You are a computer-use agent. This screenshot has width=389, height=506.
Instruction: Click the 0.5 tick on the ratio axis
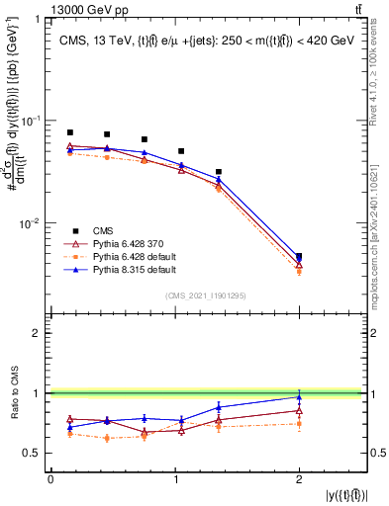click(x=37, y=454)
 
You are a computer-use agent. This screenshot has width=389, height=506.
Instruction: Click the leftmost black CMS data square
click(x=69, y=132)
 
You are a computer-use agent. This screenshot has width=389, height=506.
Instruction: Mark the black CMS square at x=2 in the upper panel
click(x=299, y=257)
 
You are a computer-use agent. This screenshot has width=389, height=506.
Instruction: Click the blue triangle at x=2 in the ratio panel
click(x=299, y=397)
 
